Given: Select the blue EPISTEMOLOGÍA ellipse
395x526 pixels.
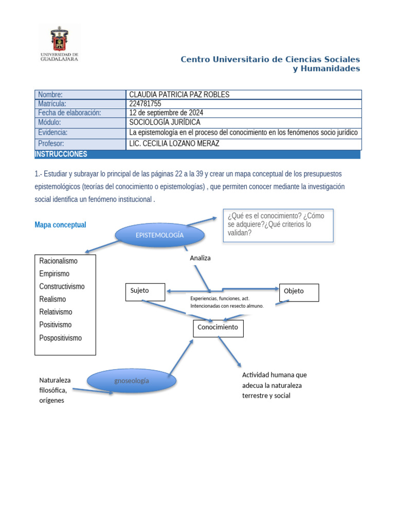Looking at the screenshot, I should coord(160,235).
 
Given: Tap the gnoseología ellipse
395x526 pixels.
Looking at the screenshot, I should coord(132,381).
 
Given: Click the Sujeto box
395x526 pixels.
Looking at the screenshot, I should coord(145,291).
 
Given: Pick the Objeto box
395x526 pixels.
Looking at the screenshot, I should coord(299,292).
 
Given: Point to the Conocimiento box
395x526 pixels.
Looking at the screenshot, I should coord(218,328).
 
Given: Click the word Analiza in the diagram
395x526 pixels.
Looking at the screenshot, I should coord(200,258).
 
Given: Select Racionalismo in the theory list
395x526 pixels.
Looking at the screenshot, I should coord(58,261).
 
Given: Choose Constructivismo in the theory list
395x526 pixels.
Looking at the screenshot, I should coord(62,286).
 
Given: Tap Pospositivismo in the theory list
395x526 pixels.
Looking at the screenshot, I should coord(60,337).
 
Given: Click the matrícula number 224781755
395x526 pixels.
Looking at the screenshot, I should coord(145,103).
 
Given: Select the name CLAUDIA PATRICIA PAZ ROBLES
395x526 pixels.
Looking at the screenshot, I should coord(179,95).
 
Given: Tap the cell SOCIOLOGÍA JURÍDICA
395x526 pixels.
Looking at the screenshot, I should coord(165,122).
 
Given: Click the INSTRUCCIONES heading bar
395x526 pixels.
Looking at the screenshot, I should coord(197,154).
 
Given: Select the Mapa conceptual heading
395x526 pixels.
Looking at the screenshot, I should coord(60,225).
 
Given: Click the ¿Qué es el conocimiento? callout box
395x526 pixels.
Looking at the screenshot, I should coord(278,224).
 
